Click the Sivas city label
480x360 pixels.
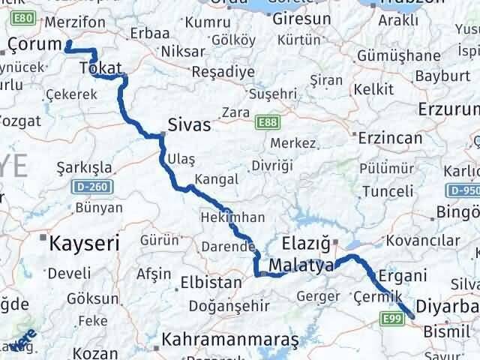pos(190,125)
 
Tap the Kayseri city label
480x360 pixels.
pos(85,243)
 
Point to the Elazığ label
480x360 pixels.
pos(306,243)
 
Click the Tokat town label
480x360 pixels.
pos(100,69)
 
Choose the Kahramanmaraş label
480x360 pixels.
pos(230,339)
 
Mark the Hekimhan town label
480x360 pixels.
pos(233,217)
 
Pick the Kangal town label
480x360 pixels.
pos(216,179)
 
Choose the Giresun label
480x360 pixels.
pos(301,17)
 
